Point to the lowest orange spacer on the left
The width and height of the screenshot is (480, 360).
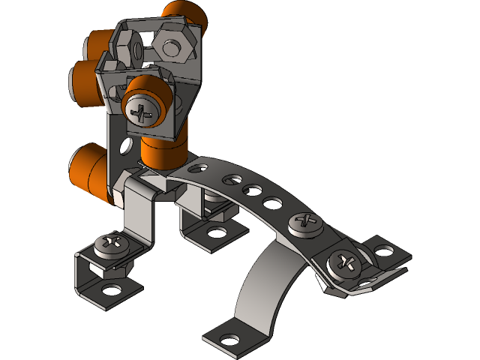tap(88, 169)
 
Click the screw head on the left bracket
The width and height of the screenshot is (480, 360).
tap(113, 243)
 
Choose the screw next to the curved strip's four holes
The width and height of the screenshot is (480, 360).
tap(306, 221)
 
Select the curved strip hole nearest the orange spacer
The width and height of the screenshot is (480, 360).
tap(202, 169)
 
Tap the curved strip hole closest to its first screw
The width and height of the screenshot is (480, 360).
tap(273, 202)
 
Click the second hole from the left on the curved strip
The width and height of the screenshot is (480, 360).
tap(232, 180)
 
